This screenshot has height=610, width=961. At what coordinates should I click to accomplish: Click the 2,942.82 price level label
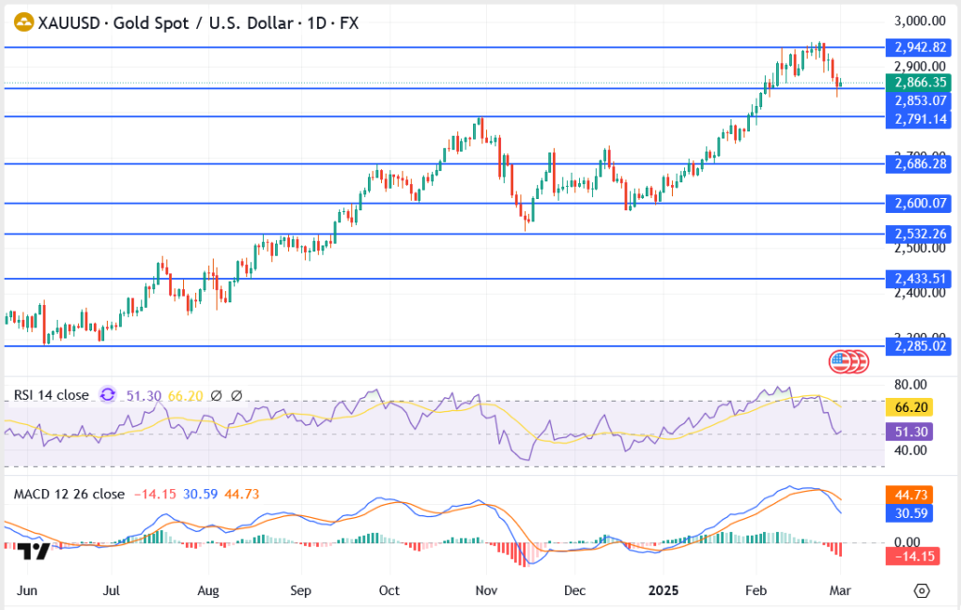pos(919,46)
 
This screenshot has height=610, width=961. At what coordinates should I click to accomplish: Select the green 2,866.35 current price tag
pos(919,83)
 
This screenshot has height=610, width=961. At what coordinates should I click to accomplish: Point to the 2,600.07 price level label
pos(919,203)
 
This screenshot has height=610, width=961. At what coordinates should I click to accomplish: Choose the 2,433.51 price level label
pos(919,279)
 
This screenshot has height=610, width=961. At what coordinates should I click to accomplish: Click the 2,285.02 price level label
pos(919,346)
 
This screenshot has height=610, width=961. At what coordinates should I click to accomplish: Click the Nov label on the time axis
pos(485,590)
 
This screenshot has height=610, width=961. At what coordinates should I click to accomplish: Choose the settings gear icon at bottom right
pos(922,590)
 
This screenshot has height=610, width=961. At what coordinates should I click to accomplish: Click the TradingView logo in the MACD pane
pos(34,551)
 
